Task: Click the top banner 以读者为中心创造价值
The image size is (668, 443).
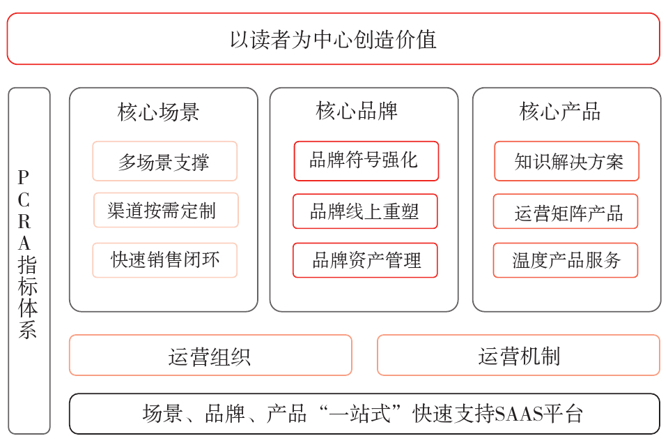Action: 333,39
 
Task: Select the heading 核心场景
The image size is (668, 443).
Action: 159,112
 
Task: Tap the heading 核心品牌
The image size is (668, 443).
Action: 357,110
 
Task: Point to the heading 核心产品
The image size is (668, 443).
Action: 560,112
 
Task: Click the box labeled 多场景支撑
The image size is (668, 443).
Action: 164,162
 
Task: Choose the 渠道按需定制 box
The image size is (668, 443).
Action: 166,211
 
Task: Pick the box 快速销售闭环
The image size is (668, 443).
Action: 164,260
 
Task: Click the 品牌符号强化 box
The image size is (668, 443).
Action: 366,161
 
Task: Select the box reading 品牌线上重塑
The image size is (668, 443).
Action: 365,211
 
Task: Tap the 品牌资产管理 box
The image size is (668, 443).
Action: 365,260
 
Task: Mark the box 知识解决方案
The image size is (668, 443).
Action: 566,162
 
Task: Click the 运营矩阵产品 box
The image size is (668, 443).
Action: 566,212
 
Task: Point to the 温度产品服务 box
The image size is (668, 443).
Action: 566,260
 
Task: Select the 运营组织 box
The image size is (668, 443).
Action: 210,356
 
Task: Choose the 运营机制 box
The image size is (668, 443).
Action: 518,356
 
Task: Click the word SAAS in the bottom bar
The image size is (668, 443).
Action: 516,414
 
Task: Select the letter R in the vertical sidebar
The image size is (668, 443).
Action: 24,222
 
